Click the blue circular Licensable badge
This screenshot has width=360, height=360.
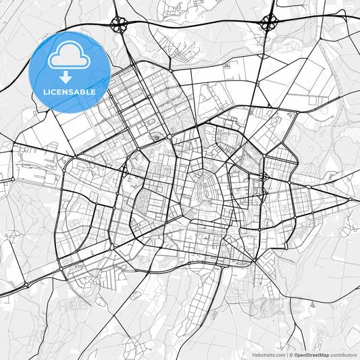click(70, 72)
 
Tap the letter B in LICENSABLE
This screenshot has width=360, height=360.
click(83, 92)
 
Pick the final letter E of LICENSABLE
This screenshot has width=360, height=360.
click(93, 92)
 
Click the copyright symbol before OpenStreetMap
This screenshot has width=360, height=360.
click(290, 354)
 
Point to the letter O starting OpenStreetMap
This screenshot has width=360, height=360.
click(296, 354)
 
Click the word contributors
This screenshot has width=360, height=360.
click(343, 354)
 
